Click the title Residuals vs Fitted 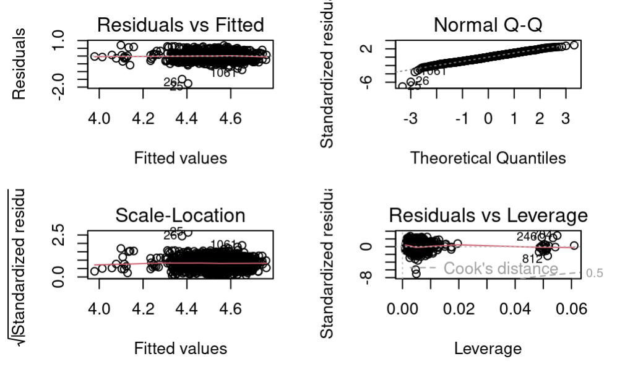(181, 25)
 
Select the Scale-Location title (181, 215)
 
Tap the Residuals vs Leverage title (488, 215)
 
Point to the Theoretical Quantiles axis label (488, 158)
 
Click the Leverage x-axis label (488, 349)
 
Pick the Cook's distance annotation (501, 269)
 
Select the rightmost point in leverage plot (574, 246)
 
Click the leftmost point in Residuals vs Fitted (95, 56)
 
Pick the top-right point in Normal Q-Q (574, 45)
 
